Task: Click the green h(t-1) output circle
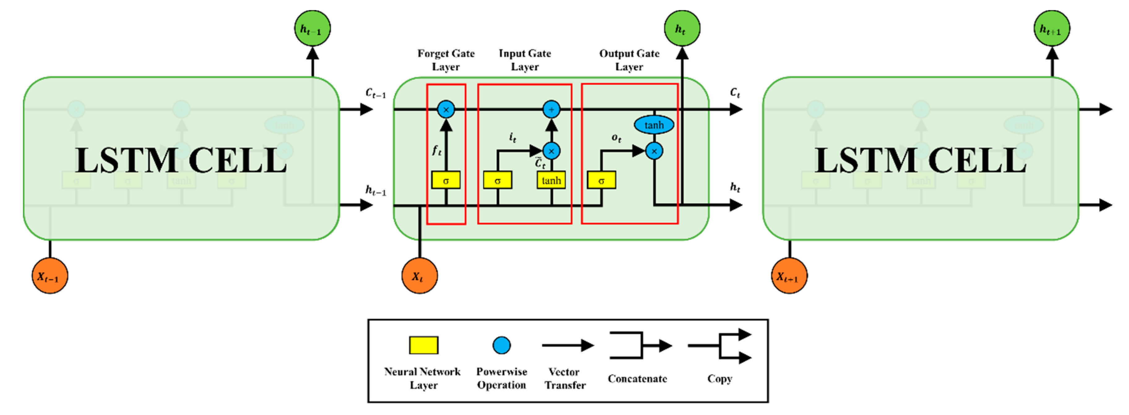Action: (x=312, y=28)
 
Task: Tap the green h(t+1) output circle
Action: (x=1052, y=28)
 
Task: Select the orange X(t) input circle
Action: (x=419, y=276)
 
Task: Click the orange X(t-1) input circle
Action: (x=50, y=276)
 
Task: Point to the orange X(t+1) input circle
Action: (x=789, y=276)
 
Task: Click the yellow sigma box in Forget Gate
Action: (x=446, y=180)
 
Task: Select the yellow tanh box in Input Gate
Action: (x=551, y=180)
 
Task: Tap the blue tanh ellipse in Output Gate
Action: (x=654, y=125)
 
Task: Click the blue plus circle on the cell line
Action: (x=551, y=109)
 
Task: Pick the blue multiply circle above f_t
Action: (x=446, y=109)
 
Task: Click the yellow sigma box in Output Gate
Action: (x=601, y=180)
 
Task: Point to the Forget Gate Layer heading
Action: (x=446, y=60)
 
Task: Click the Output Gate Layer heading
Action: (x=629, y=60)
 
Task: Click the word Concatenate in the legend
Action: (x=637, y=378)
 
